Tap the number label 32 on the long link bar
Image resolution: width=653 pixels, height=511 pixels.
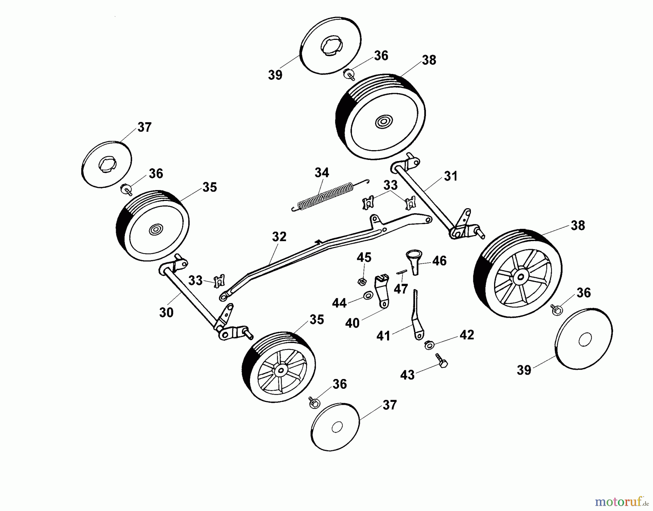click(x=279, y=236)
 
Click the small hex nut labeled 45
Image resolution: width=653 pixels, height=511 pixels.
click(x=361, y=281)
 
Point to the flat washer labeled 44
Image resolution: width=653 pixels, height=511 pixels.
click(x=367, y=296)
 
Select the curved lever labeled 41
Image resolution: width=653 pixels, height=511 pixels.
click(x=416, y=319)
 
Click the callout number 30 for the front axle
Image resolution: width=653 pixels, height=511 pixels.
click(x=166, y=312)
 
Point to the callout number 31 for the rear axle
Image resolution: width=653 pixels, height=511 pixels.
click(x=451, y=176)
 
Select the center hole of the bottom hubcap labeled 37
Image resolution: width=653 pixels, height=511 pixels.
click(x=337, y=427)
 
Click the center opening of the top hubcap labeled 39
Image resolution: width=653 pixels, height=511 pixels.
click(x=331, y=47)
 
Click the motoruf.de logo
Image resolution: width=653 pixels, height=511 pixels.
click(x=621, y=502)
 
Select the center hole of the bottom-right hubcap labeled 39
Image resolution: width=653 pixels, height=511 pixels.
click(x=585, y=340)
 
